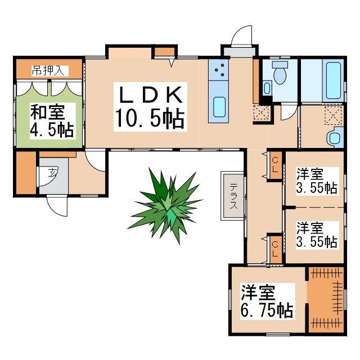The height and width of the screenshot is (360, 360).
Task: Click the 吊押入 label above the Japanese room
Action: point(49,70)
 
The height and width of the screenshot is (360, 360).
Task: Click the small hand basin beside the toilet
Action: point(267,88)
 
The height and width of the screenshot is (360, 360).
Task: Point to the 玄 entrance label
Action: point(52,172)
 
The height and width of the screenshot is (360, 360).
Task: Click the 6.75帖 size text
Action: point(267,310)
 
